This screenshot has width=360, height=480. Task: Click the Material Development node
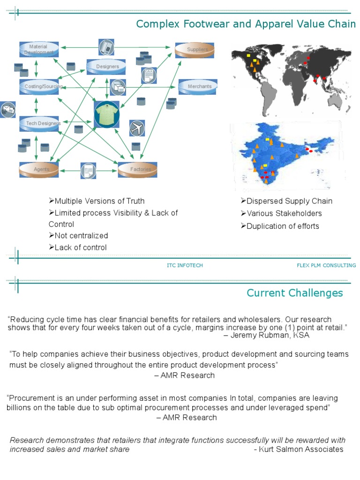(x=39, y=49)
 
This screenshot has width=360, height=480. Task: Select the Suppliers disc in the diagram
(x=195, y=50)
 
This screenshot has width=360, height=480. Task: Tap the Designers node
(x=106, y=67)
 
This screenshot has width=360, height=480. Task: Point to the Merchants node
(x=198, y=87)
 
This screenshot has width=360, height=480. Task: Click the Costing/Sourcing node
(x=39, y=87)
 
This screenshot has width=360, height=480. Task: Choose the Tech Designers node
(x=39, y=124)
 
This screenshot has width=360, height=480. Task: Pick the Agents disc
(x=39, y=170)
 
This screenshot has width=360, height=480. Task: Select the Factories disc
(x=137, y=170)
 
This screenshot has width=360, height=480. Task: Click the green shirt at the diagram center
(x=106, y=114)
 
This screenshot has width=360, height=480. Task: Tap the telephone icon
(x=106, y=47)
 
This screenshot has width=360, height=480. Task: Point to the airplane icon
(x=137, y=128)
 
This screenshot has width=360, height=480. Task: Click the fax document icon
(x=149, y=75)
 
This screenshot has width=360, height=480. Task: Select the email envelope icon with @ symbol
(x=7, y=110)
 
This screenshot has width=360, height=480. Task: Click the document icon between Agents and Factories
(x=88, y=171)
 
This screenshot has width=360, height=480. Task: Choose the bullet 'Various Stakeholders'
(x=281, y=213)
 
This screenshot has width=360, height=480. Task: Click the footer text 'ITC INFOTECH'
(x=185, y=265)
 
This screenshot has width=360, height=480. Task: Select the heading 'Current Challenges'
(x=295, y=293)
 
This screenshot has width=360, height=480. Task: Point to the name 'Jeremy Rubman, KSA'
(x=270, y=335)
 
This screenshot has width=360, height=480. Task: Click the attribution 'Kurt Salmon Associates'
(x=301, y=449)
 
